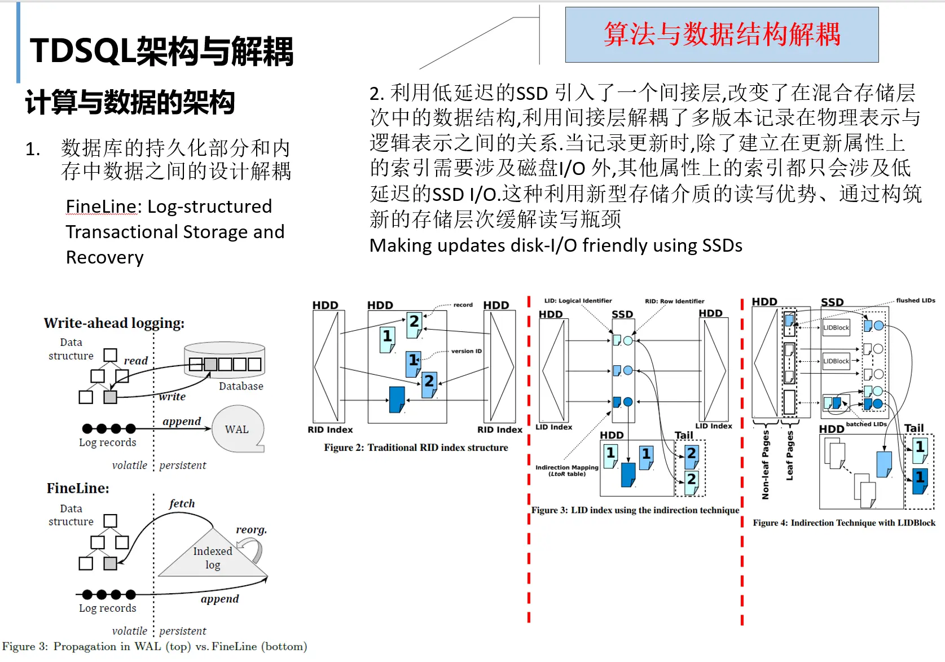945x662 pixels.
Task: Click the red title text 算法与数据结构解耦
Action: (722, 34)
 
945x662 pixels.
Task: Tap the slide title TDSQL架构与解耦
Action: (161, 51)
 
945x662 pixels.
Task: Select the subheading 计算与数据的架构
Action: (130, 102)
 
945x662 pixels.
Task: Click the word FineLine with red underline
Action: (102, 207)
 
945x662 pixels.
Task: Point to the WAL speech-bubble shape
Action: (238, 429)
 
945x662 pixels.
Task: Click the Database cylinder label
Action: (241, 386)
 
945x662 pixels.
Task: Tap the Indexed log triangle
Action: (212, 558)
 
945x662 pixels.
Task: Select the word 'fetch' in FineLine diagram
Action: (182, 503)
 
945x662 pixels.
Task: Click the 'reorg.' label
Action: (251, 529)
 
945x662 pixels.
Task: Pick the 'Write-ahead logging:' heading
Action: (114, 323)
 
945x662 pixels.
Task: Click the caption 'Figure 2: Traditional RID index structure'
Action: (416, 448)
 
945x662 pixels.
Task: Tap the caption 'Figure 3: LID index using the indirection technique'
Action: (635, 510)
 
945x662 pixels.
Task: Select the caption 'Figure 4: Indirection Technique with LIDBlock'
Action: (844, 523)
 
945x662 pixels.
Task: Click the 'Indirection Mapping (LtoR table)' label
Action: (566, 470)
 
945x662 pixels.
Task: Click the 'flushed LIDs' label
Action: (915, 300)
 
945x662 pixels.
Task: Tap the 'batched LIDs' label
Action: (866, 424)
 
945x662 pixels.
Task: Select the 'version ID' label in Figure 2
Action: (466, 351)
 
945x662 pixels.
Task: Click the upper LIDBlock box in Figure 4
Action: (836, 327)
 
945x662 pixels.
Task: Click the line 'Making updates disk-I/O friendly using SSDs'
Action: (556, 245)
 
